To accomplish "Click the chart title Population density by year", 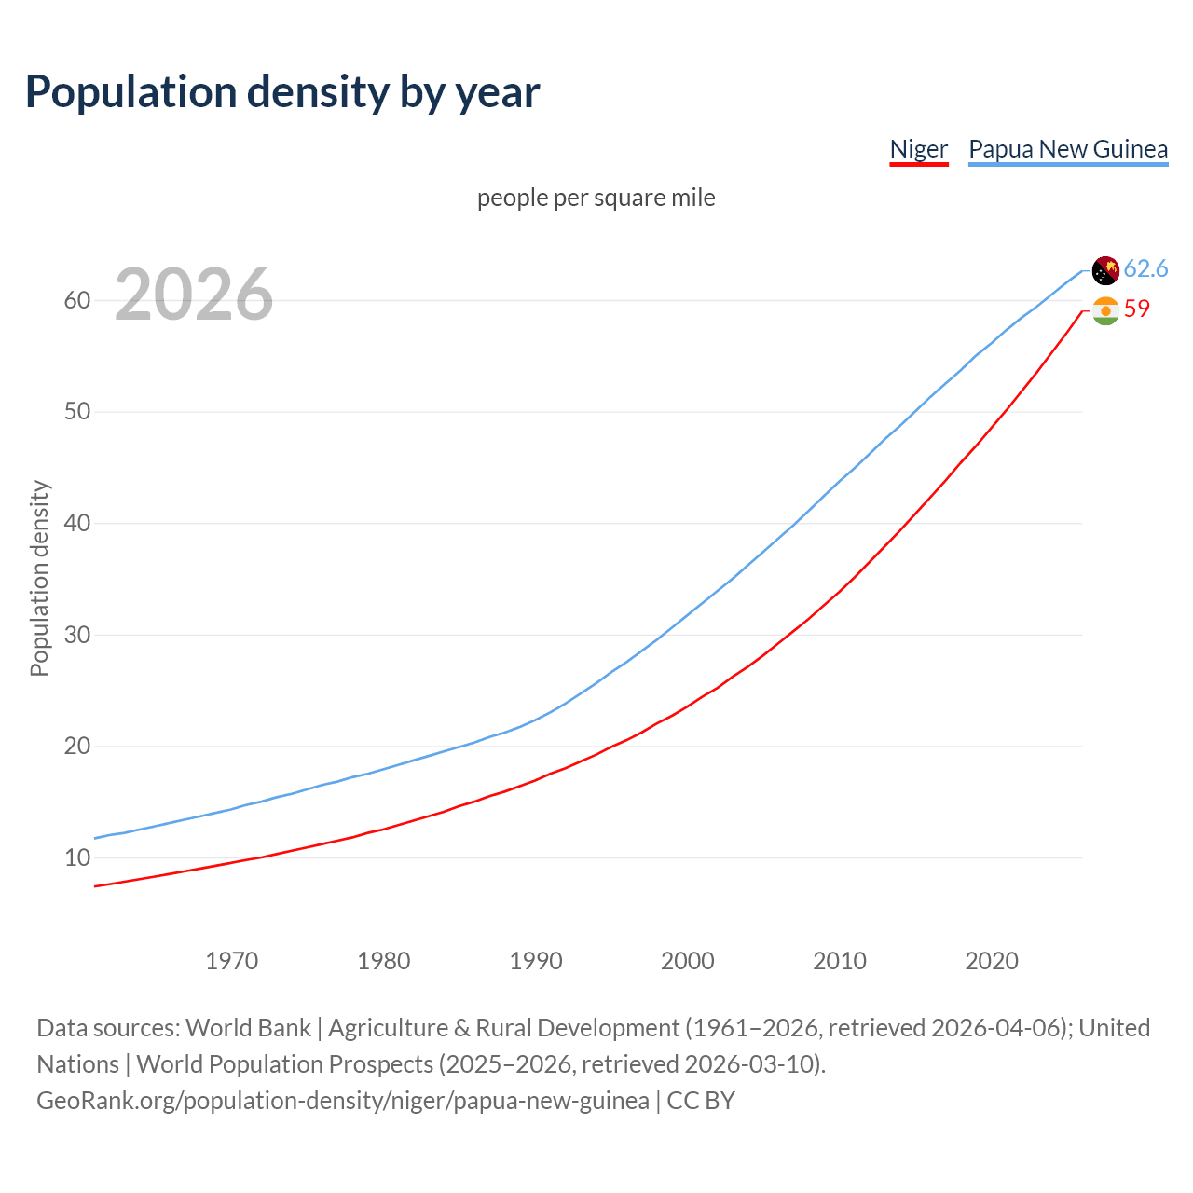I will tap(282, 92).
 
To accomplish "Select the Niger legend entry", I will tap(918, 149).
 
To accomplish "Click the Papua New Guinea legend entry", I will tap(1068, 149).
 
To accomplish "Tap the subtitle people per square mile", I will tap(596, 198).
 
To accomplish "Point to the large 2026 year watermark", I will tap(194, 295).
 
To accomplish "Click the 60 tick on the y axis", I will tap(77, 300).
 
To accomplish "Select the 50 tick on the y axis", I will tap(77, 412).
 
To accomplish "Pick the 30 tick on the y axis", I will tap(77, 635).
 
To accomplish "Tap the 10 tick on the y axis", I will tap(77, 857).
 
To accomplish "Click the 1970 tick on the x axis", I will tap(231, 961).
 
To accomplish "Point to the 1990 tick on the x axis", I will tap(535, 961).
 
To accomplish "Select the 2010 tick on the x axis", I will tap(839, 961).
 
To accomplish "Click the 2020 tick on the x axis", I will tap(991, 961).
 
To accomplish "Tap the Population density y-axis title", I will tap(39, 578).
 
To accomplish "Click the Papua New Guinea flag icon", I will tap(1105, 270).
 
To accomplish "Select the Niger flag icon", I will tap(1105, 310).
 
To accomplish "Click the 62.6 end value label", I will tap(1145, 269).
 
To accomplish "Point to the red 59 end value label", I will tap(1136, 309).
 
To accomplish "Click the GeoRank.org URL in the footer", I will tap(343, 1101).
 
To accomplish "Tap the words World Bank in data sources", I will tap(248, 1028).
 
